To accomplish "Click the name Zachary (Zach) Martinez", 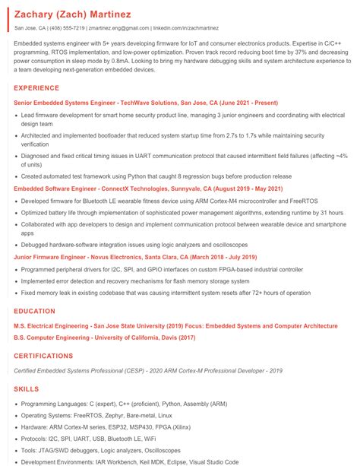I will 72,14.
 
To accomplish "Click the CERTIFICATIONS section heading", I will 44,355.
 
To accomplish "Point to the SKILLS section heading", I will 27,388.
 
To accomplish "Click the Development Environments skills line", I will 130,461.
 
